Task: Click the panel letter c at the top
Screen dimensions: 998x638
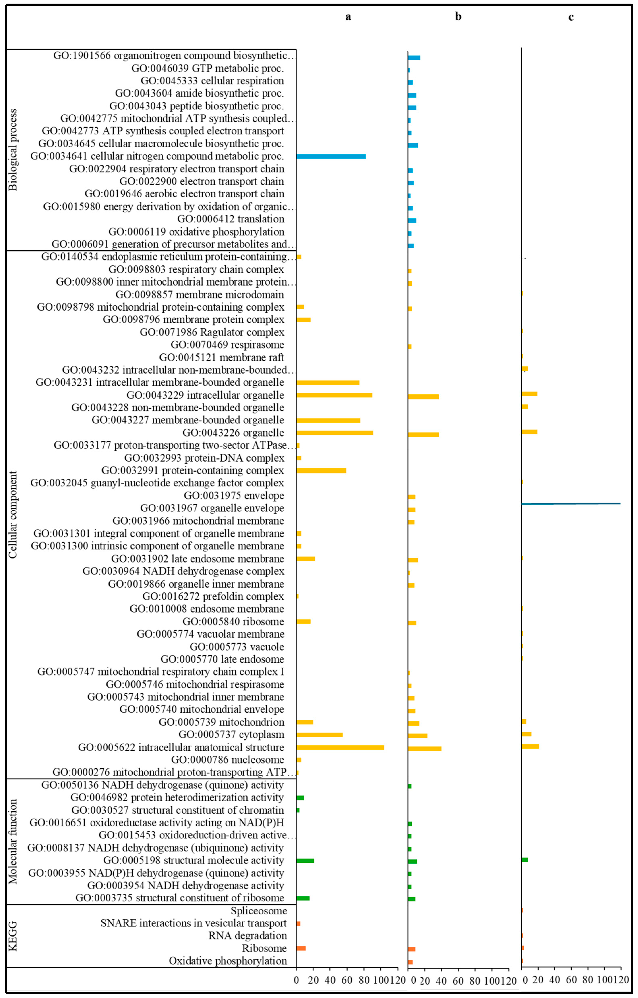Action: point(571,17)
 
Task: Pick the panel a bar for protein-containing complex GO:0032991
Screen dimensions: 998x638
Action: point(321,470)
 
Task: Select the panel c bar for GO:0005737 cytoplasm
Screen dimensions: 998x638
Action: point(526,734)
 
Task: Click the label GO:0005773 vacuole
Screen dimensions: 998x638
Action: point(237,647)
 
